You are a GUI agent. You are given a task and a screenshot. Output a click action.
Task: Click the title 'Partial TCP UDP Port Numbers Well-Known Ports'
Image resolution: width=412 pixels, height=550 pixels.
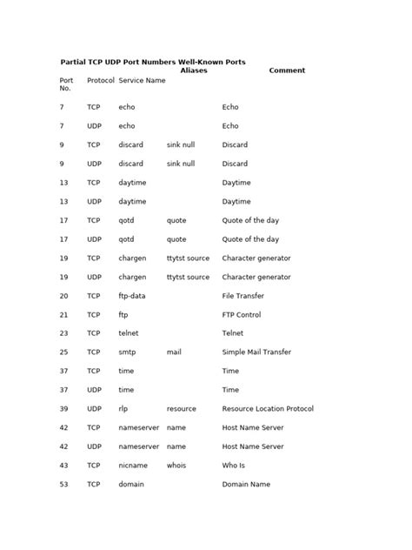tap(152, 62)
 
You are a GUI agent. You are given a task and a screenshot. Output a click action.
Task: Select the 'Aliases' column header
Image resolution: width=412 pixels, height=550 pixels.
tap(193, 70)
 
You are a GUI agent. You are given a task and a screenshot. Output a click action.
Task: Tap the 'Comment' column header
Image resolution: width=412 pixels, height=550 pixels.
tap(287, 70)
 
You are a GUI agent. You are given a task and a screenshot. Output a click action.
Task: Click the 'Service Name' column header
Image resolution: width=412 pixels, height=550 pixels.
tap(142, 80)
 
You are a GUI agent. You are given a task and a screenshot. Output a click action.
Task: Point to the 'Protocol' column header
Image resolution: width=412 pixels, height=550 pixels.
tap(101, 80)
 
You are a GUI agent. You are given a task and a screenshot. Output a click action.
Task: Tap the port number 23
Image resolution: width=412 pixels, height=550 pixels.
tap(63, 333)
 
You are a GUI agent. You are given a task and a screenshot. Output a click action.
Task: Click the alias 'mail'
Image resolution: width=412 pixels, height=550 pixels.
tap(174, 352)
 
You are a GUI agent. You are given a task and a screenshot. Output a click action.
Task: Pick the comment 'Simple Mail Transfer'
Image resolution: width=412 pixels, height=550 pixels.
tap(256, 352)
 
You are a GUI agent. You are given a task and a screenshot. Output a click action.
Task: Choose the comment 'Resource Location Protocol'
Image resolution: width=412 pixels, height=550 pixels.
tap(268, 409)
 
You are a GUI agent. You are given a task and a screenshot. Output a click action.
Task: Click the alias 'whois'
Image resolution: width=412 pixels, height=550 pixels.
tap(177, 466)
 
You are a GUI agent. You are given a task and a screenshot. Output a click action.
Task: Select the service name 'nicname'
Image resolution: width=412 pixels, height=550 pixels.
tap(133, 466)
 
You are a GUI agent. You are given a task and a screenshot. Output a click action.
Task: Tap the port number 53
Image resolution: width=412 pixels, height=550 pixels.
tap(63, 485)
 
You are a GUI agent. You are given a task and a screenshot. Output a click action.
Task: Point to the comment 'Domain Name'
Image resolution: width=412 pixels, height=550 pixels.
tap(246, 485)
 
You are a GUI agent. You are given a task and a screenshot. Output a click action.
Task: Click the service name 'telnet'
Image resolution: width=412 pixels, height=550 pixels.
tap(129, 333)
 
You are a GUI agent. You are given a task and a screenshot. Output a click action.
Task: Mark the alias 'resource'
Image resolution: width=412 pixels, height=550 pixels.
tap(182, 409)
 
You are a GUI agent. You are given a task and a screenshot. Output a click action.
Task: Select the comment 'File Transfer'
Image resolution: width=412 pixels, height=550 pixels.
tap(244, 296)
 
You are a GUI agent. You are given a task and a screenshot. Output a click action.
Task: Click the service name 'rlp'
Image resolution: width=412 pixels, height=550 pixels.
tap(123, 409)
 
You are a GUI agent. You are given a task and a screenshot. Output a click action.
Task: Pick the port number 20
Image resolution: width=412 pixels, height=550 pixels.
tap(63, 296)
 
